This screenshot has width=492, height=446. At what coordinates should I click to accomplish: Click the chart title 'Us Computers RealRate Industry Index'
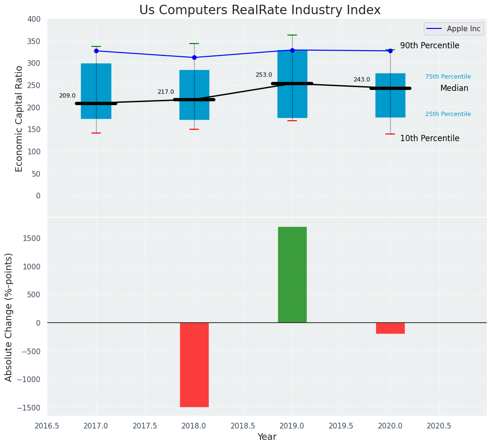point(259,10)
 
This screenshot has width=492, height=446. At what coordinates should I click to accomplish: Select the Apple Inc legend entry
point(453,29)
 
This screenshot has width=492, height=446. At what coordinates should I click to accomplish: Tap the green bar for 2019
point(292,275)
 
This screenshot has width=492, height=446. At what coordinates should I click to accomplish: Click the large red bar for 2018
point(194,365)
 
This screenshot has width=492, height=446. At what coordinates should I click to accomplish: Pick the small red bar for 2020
point(390,328)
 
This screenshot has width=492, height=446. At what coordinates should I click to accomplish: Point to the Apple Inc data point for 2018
point(194,57)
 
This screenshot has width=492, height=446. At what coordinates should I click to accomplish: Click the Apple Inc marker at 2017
point(96,51)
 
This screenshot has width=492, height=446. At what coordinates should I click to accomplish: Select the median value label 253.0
point(264,75)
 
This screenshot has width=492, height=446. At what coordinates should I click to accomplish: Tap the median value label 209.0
point(67,96)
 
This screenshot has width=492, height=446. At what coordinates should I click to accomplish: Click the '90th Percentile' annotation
point(429,45)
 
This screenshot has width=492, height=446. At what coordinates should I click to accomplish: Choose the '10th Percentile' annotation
point(429,138)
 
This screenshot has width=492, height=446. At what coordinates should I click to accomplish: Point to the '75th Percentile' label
point(447,77)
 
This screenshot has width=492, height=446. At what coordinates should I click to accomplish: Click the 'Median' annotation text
point(454,88)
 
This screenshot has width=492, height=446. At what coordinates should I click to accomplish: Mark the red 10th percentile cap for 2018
point(194,129)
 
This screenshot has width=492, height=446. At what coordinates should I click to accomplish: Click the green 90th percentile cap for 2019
point(292,35)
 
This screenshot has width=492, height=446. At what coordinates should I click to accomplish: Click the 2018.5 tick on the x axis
point(243,426)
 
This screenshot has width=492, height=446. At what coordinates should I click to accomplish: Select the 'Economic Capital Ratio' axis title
point(19,118)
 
